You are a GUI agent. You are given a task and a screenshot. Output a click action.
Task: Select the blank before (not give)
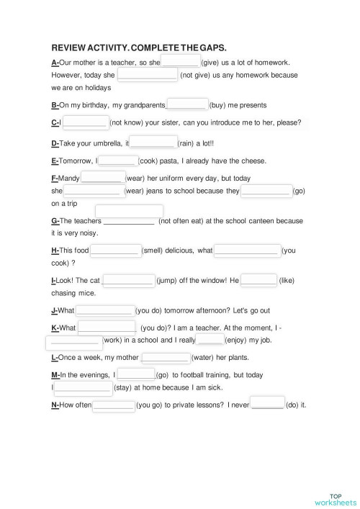pyautogui.click(x=147, y=74)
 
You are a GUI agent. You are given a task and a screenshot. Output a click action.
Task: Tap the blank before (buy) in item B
pyautogui.click(x=187, y=105)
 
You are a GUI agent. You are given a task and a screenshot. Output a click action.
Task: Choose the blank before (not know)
pyautogui.click(x=85, y=122)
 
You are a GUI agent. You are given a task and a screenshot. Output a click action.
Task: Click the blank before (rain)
pyautogui.click(x=153, y=143)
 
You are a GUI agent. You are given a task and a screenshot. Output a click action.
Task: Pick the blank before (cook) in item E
pyautogui.click(x=117, y=161)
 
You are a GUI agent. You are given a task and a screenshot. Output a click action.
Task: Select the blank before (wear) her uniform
pyautogui.click(x=102, y=178)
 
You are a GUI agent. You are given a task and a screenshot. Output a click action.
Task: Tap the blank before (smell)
pyautogui.click(x=114, y=251)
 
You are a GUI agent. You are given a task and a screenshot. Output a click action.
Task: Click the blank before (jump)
pyautogui.click(x=128, y=280)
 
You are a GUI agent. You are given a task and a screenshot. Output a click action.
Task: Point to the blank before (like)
pyautogui.click(x=258, y=280)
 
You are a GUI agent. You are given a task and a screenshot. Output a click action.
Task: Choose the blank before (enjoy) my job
pyautogui.click(x=210, y=339)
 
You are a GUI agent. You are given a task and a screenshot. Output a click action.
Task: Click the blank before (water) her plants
pyautogui.click(x=165, y=357)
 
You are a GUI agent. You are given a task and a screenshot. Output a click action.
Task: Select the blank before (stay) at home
pyautogui.click(x=83, y=387)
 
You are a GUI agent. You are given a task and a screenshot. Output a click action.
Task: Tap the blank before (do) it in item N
pyautogui.click(x=267, y=404)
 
